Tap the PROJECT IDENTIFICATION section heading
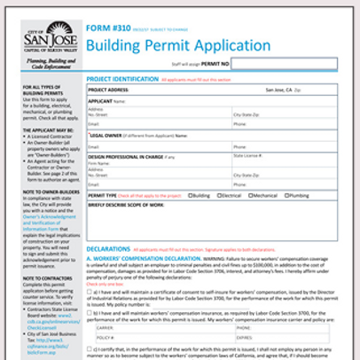123,78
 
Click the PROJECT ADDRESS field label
110,90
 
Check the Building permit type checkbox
191,194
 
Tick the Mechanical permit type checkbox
251,194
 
